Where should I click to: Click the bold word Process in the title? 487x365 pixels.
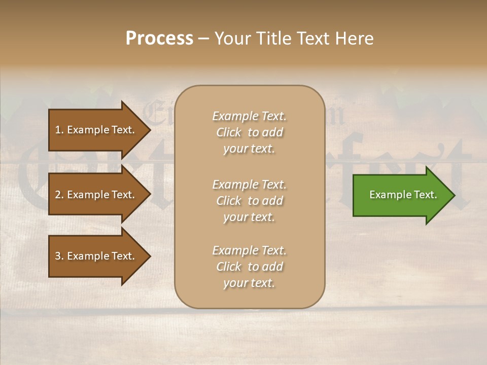pyautogui.click(x=159, y=39)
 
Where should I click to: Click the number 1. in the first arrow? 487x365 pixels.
pyautogui.click(x=59, y=130)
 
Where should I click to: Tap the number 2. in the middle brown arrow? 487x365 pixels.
pyautogui.click(x=59, y=195)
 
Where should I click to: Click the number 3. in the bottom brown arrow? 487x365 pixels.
pyautogui.click(x=59, y=256)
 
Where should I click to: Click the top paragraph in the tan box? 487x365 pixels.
pyautogui.click(x=249, y=132)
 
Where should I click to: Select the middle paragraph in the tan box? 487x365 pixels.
pyautogui.click(x=249, y=201)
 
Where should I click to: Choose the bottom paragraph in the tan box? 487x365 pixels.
pyautogui.click(x=249, y=267)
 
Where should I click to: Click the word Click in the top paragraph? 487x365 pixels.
pyautogui.click(x=229, y=132)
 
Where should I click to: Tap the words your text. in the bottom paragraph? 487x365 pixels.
pyautogui.click(x=249, y=283)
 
